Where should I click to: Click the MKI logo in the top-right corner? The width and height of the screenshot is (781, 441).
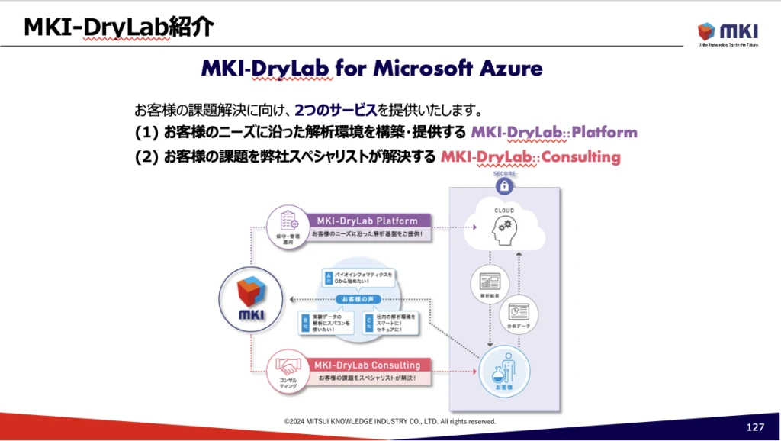727,32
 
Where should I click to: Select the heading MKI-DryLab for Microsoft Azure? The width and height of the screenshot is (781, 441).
371,69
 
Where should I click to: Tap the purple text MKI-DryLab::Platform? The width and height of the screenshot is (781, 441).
554,132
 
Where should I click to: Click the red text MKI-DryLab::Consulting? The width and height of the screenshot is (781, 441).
531,157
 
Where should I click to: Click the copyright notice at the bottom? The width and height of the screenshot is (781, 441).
390,421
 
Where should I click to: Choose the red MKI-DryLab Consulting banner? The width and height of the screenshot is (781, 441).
367,365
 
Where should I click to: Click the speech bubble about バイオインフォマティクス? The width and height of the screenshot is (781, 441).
358,278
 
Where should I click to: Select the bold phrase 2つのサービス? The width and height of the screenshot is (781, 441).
335,109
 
